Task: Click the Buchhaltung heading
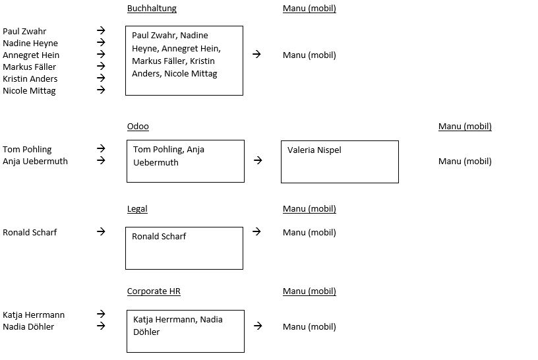click(x=152, y=9)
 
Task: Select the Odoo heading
click(x=138, y=127)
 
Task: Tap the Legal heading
click(x=137, y=209)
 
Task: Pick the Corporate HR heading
click(x=154, y=291)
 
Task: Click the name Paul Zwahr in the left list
click(x=24, y=31)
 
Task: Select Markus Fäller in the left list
click(x=29, y=67)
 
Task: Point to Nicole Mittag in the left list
click(x=29, y=91)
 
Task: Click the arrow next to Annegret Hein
click(x=101, y=54)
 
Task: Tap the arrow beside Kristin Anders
click(x=101, y=78)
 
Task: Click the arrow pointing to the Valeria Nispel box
click(x=258, y=160)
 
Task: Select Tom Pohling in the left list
click(x=27, y=150)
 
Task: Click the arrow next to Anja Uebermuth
click(x=101, y=160)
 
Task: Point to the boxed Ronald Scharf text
click(x=159, y=237)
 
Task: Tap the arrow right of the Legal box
click(x=256, y=231)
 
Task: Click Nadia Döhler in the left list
click(x=28, y=327)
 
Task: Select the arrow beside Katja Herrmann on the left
click(x=101, y=314)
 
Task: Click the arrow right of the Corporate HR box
click(x=258, y=326)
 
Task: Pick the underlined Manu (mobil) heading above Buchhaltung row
click(x=309, y=9)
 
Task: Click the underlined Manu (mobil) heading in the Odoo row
click(x=465, y=127)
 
